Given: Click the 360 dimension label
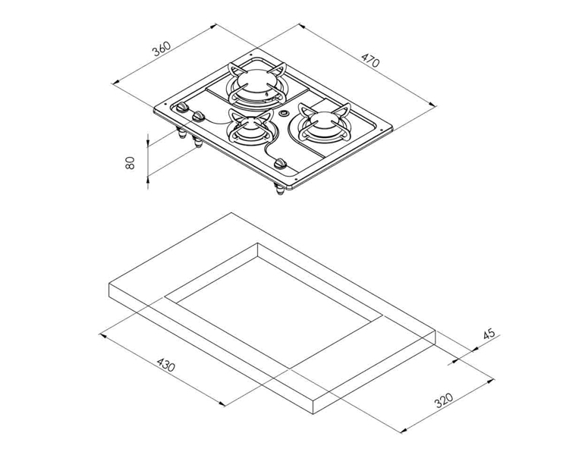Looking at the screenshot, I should click(161, 49).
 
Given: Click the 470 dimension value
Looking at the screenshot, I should click(370, 60).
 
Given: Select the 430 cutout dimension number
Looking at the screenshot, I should click(165, 366).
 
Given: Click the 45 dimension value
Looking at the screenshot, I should click(489, 333).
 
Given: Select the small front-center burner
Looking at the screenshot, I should click(248, 130).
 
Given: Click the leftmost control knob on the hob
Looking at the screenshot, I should click(183, 110).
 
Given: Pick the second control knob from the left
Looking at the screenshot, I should click(199, 117).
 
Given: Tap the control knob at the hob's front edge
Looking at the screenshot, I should click(280, 163).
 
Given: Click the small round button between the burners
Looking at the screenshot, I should click(285, 114).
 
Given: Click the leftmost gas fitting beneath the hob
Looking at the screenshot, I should click(182, 137).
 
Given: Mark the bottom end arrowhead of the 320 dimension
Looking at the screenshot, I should click(400, 429).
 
